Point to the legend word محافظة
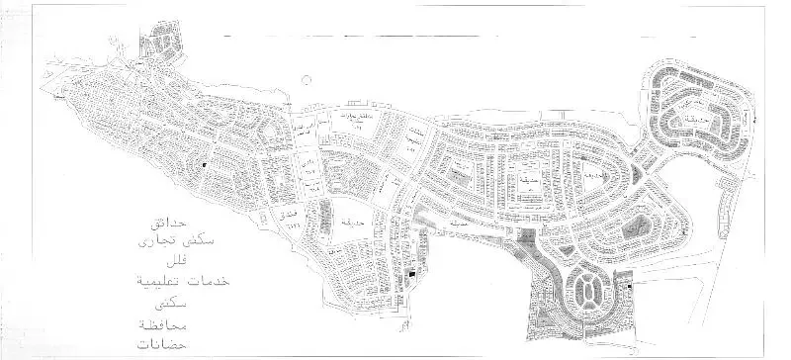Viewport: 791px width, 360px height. click(x=156, y=325)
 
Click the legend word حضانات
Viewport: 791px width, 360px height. click(x=156, y=346)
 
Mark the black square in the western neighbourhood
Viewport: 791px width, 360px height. click(x=204, y=162)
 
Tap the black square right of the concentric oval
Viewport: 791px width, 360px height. click(x=629, y=287)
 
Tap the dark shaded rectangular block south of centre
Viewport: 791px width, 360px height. click(x=526, y=237)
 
